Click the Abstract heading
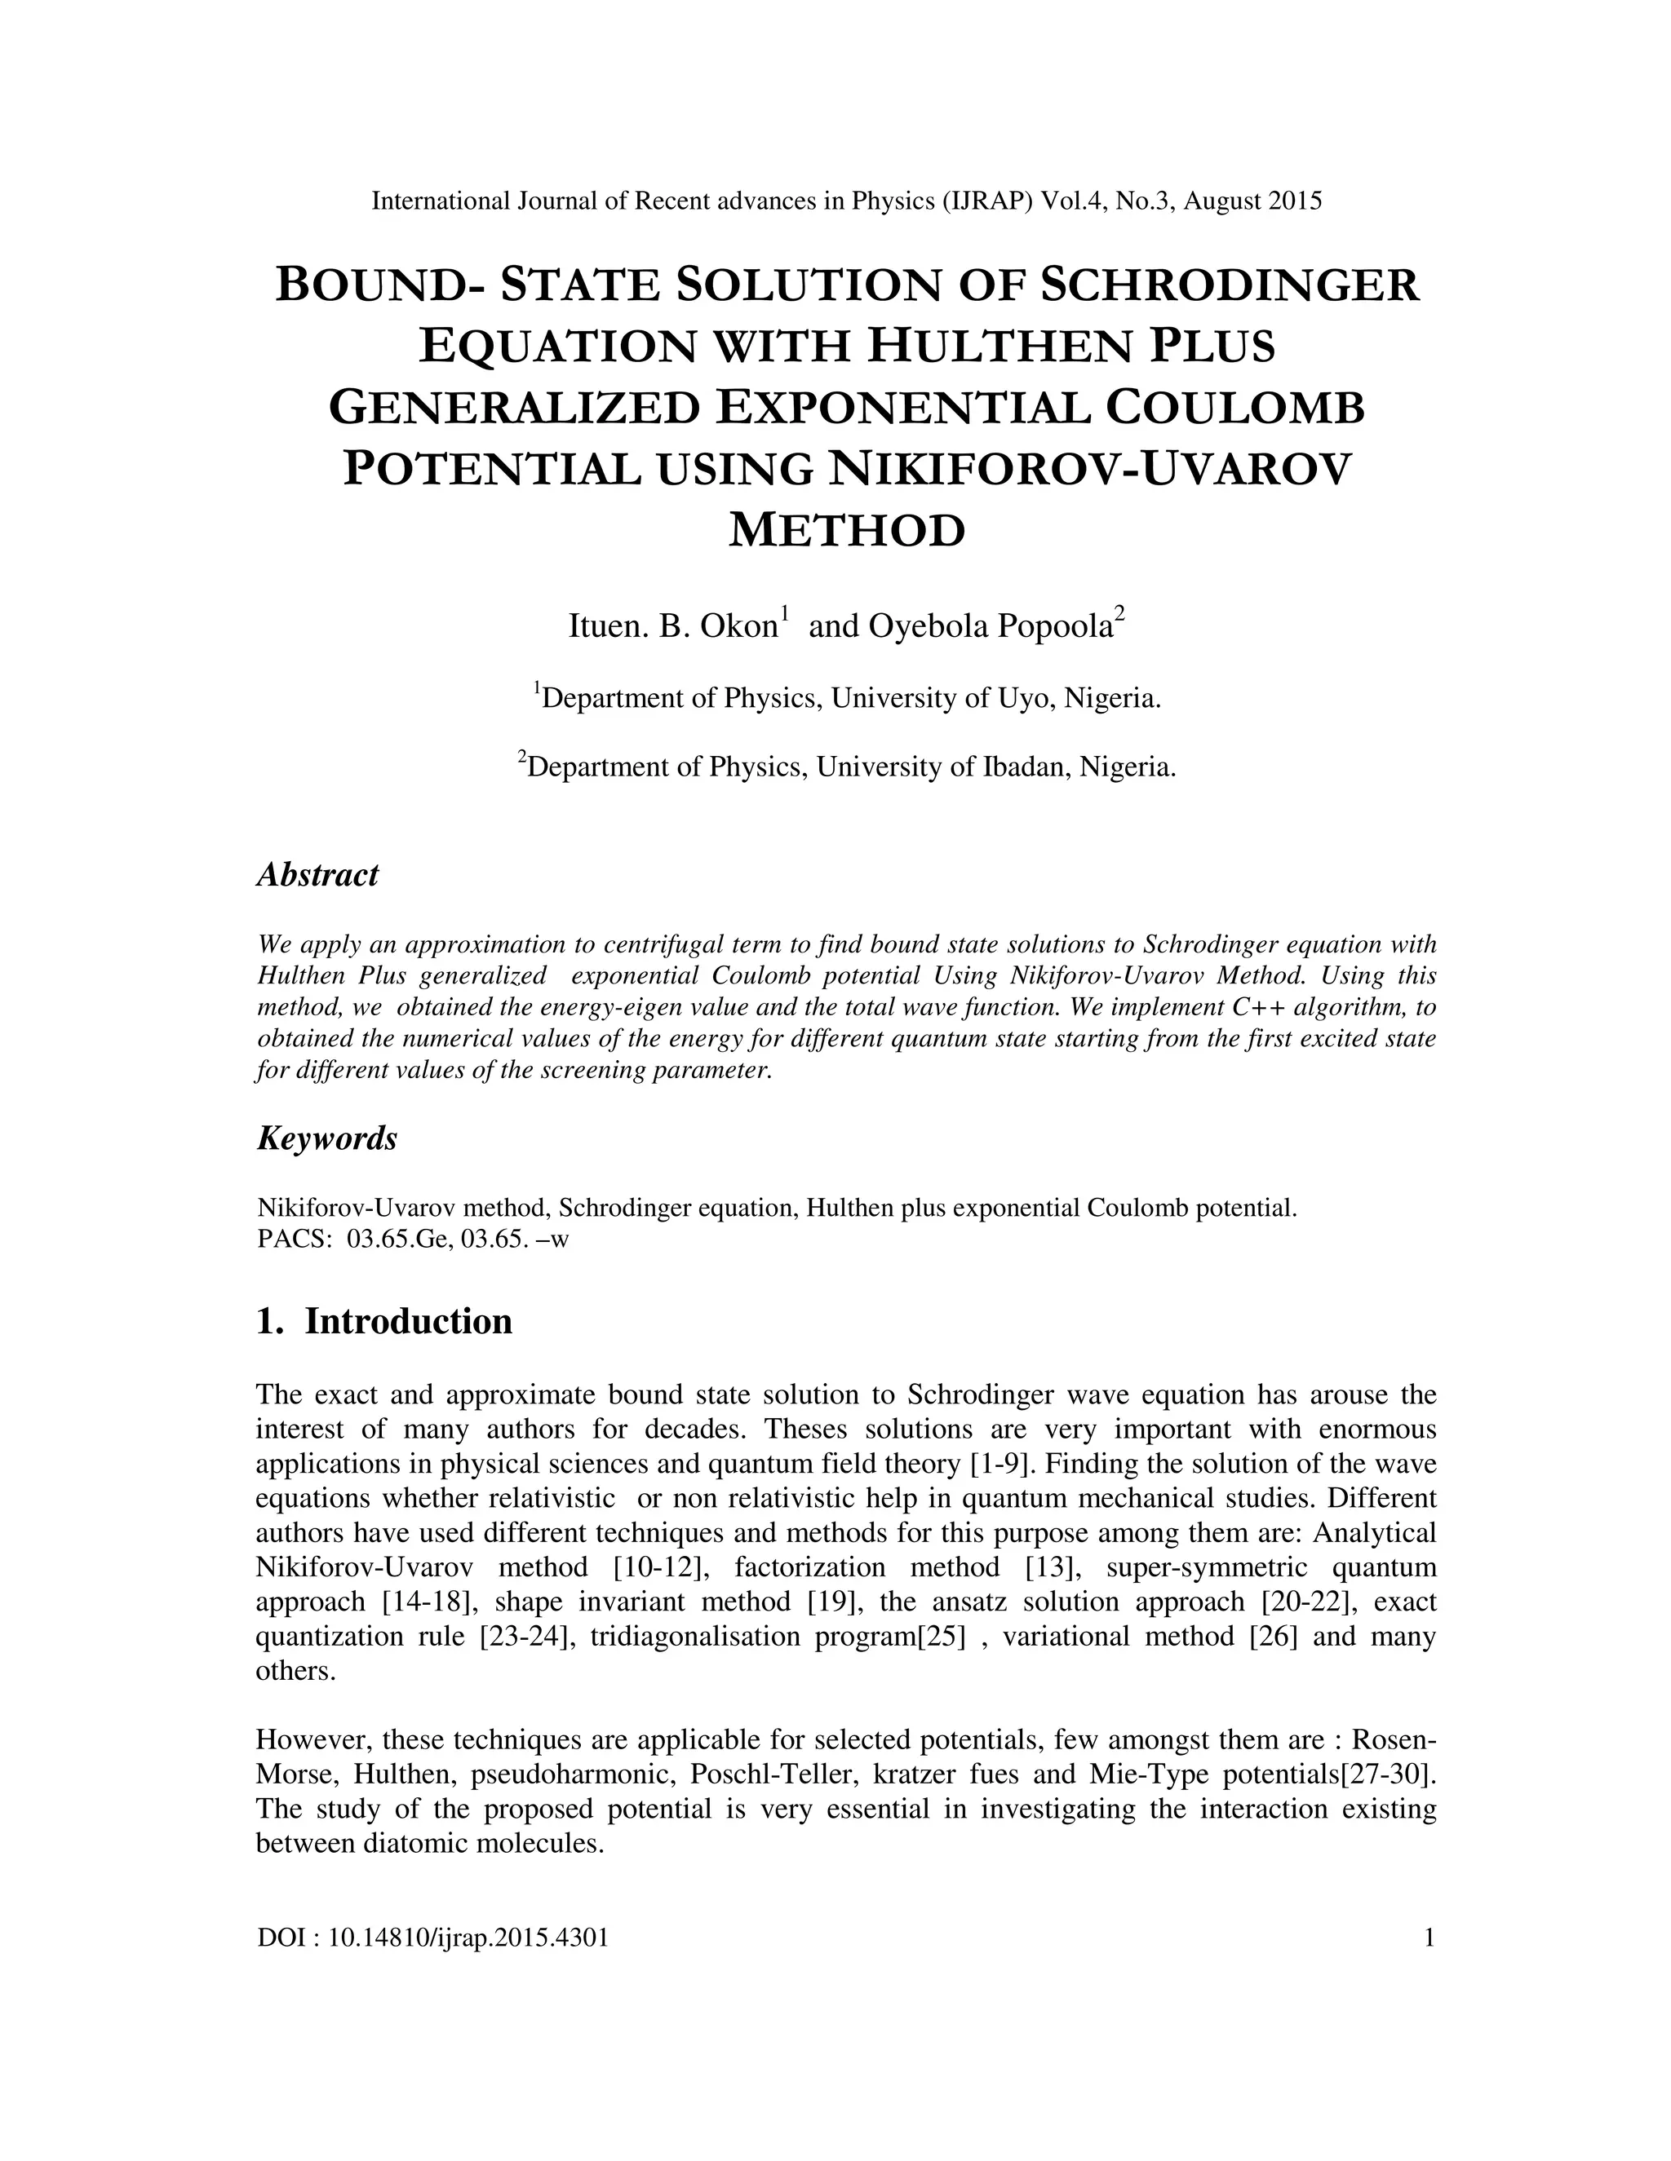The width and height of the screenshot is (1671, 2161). [317, 875]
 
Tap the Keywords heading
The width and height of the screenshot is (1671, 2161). [326, 1139]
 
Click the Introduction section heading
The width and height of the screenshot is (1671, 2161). [408, 1322]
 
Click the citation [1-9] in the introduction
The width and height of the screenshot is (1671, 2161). [997, 1464]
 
